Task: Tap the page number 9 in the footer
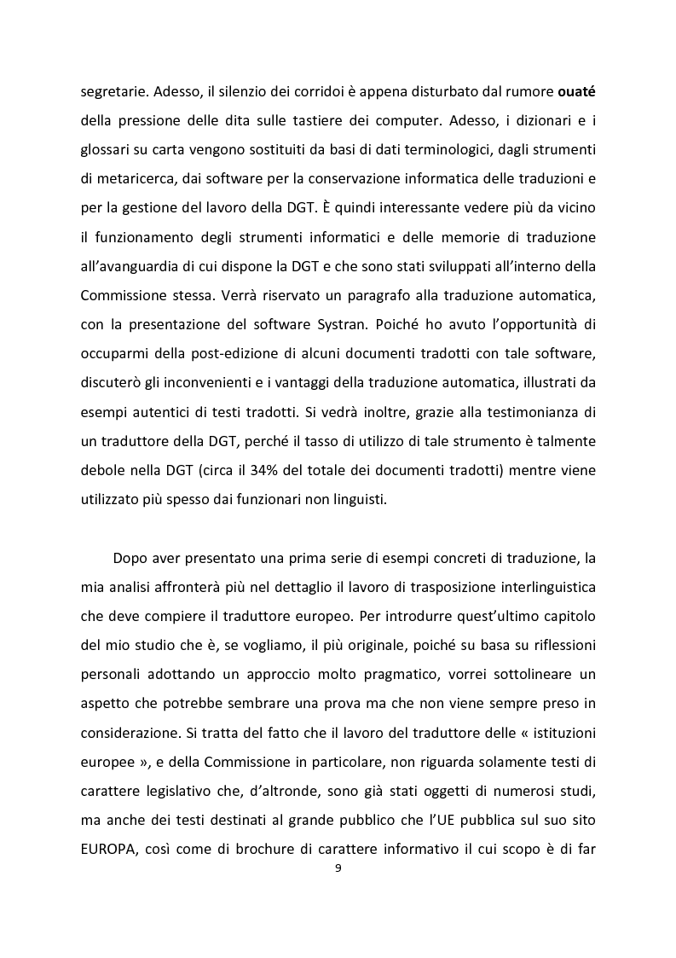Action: (x=338, y=869)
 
